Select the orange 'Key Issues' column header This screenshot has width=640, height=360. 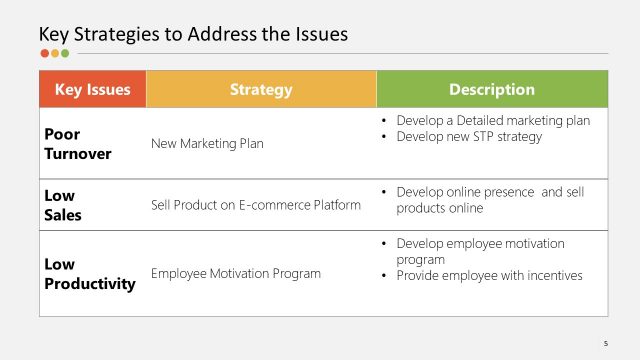92,89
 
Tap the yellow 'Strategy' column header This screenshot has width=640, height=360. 261,89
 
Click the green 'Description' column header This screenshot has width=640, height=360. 492,89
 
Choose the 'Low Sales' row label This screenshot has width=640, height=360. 62,204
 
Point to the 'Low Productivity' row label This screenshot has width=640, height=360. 89,273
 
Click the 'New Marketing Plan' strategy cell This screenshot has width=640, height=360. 207,143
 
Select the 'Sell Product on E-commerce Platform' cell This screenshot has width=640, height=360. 255,205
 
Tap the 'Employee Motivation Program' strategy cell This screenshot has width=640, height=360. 236,273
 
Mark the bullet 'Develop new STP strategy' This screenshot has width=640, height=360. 469,136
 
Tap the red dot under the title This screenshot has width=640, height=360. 44,54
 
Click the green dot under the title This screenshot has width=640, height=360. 65,54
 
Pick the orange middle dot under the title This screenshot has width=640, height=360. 54,54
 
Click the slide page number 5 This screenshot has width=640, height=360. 606,341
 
